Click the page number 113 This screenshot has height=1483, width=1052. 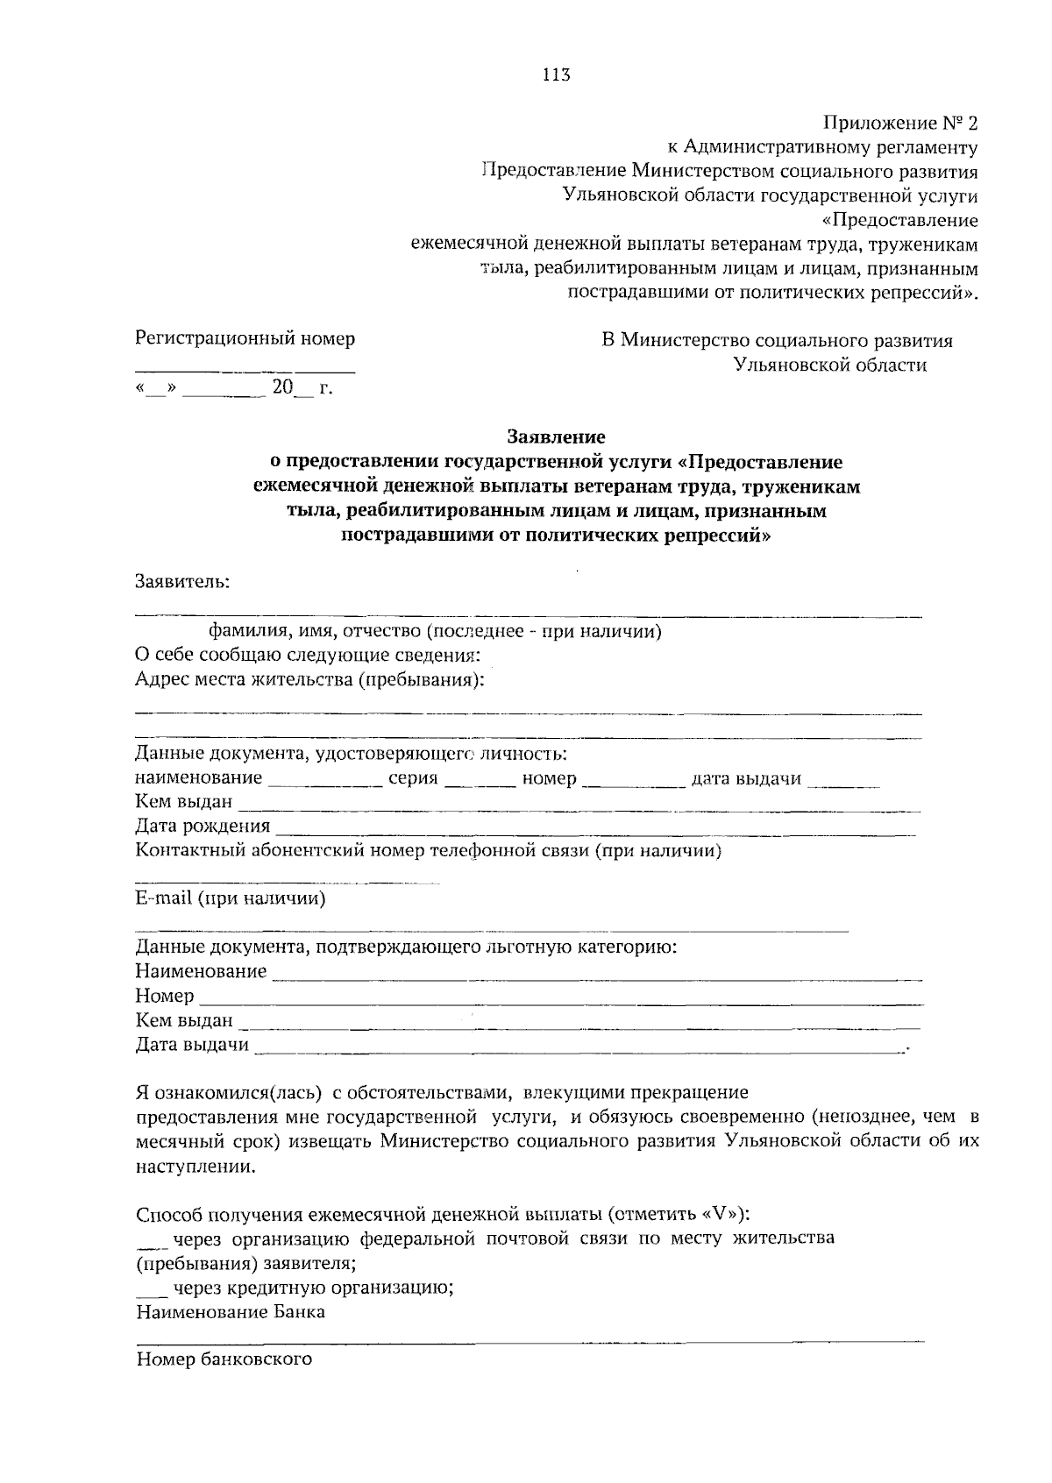point(556,75)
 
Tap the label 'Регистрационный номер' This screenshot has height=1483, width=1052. point(245,338)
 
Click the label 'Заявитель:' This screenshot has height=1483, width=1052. point(181,581)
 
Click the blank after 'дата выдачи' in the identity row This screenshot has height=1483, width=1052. point(842,782)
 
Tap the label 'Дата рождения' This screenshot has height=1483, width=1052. point(203,826)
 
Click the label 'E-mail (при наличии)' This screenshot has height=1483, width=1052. point(231,898)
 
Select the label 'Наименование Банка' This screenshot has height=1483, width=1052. point(231,1312)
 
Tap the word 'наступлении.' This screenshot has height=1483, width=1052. point(197,1167)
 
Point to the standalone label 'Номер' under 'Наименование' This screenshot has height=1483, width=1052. point(165,997)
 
